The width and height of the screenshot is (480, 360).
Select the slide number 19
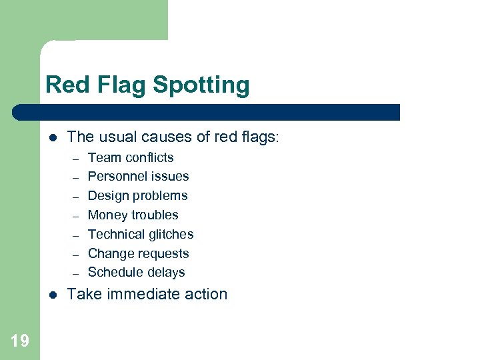pyautogui.click(x=20, y=341)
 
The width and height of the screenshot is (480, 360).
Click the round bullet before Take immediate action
pyautogui.click(x=53, y=295)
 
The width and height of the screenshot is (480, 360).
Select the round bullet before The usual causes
pyautogui.click(x=53, y=138)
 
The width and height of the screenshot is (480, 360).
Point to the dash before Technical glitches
pyautogui.click(x=75, y=235)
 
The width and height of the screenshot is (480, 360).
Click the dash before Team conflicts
pyautogui.click(x=75, y=159)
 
